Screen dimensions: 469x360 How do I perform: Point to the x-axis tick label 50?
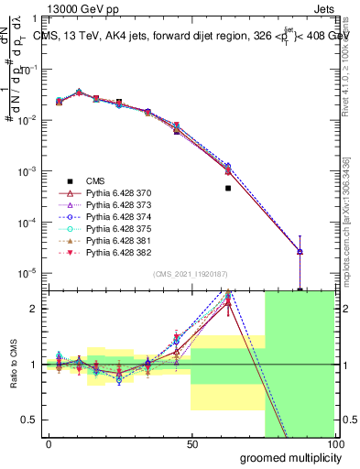pyautogui.click(x=191, y=444)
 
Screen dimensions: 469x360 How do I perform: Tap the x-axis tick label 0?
pyautogui.click(x=49, y=444)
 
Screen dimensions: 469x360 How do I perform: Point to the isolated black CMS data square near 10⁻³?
pyautogui.click(x=228, y=188)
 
